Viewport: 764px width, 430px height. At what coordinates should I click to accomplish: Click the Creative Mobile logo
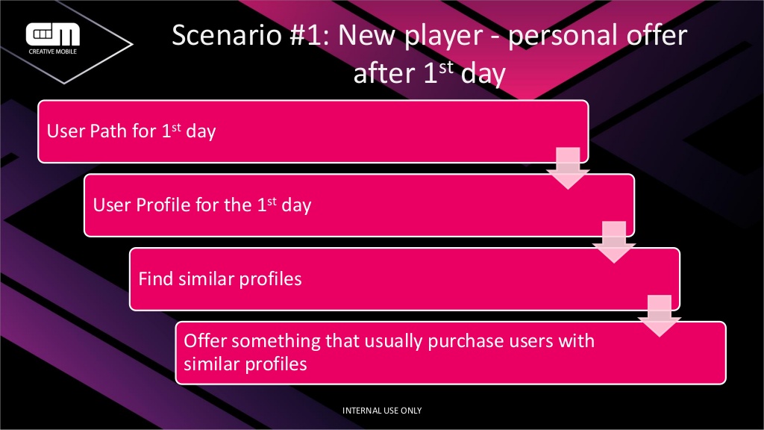tap(53, 38)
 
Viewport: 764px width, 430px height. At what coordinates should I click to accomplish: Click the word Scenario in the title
tap(227, 36)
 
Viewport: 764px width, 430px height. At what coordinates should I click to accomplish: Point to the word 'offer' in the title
tap(657, 36)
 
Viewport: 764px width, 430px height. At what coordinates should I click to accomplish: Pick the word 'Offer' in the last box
tap(204, 340)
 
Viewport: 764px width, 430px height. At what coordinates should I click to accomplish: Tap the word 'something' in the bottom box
tap(276, 341)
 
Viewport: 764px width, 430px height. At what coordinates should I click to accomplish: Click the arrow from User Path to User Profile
tap(568, 168)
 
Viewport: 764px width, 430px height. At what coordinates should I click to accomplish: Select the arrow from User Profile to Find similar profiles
tap(614, 243)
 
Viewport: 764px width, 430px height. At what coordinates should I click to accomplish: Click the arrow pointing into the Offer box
tap(660, 316)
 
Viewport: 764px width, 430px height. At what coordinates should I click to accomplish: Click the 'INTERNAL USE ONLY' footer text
tap(382, 411)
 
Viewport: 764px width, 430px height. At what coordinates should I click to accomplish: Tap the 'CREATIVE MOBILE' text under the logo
tap(53, 52)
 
